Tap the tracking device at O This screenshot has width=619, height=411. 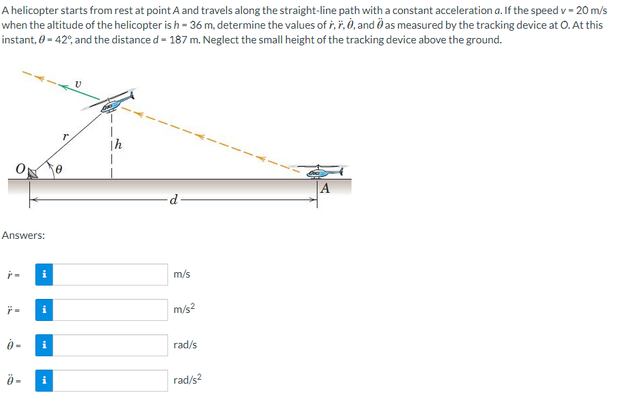point(33,173)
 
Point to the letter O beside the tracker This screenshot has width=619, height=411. point(21,169)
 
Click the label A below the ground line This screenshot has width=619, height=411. point(325,188)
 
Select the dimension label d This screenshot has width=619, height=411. point(173,199)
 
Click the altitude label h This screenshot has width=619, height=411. point(118,145)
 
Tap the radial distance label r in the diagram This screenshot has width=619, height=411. point(65,137)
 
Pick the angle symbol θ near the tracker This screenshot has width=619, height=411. point(59,169)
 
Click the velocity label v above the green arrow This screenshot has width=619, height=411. point(78,83)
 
